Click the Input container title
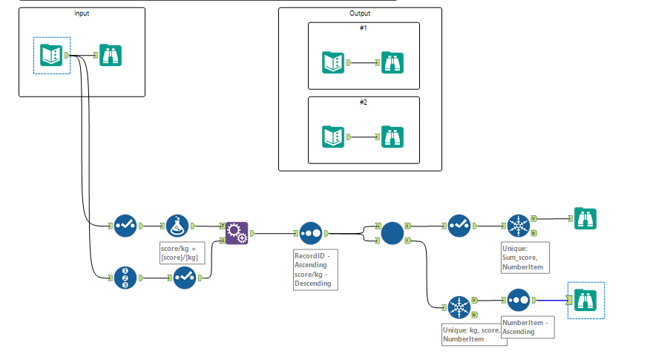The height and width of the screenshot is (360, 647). click(x=81, y=14)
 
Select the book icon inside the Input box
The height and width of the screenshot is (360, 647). click(x=51, y=55)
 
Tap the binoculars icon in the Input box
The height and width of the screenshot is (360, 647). click(x=111, y=55)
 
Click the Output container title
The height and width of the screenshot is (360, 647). click(x=360, y=14)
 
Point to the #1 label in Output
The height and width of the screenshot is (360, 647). click(x=363, y=27)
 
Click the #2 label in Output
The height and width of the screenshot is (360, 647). click(x=363, y=102)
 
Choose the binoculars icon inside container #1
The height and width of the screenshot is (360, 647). click(x=393, y=62)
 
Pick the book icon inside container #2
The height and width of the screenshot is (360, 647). click(x=333, y=137)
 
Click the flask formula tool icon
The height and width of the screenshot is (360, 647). click(x=177, y=225)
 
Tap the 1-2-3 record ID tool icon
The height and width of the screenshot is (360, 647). click(x=125, y=278)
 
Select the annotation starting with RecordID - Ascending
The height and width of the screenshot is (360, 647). click(x=315, y=269)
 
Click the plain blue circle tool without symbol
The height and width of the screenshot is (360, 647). click(x=393, y=233)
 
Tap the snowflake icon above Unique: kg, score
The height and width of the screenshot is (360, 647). click(x=460, y=307)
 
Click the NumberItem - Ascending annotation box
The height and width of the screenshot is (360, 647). click(x=528, y=327)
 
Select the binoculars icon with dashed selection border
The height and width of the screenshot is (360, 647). click(x=585, y=300)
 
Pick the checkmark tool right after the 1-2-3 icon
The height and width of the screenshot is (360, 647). click(x=185, y=278)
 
